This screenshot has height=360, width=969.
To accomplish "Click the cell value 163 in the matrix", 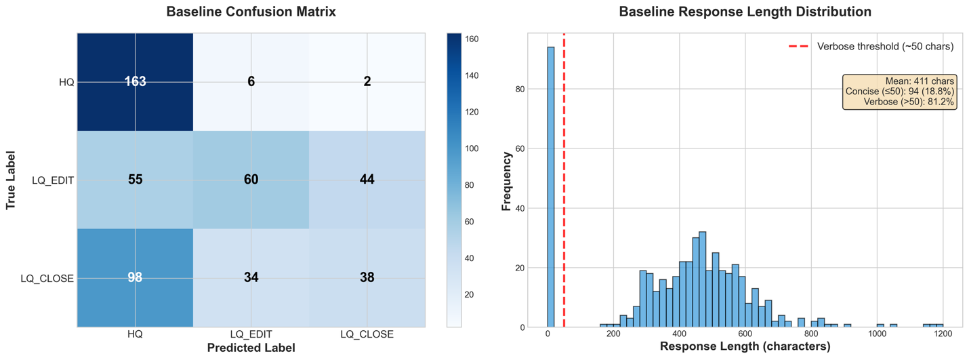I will pos(135,81).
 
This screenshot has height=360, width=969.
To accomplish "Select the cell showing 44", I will pos(367,180).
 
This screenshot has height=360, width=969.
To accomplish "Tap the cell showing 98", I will pos(135,277).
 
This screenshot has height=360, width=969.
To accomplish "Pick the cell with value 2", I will pos(367,81).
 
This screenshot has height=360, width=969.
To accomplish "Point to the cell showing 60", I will pos(251,180).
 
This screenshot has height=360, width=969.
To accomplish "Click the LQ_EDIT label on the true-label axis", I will pos(53,180).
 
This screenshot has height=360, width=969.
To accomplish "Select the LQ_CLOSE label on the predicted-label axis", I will pos(367,335).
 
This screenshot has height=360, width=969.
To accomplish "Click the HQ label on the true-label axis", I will pos(66,82).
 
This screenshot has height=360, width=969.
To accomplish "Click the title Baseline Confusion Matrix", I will pos(251,12).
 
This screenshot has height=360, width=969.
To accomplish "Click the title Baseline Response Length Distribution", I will pos(745,12).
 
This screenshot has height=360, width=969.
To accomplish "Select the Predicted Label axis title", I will pos(251,348).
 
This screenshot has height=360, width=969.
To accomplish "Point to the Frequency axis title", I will pos(506,180).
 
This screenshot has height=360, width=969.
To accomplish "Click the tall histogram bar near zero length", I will pos(551,186).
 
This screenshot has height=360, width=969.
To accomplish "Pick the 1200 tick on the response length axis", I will pos(943,335).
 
